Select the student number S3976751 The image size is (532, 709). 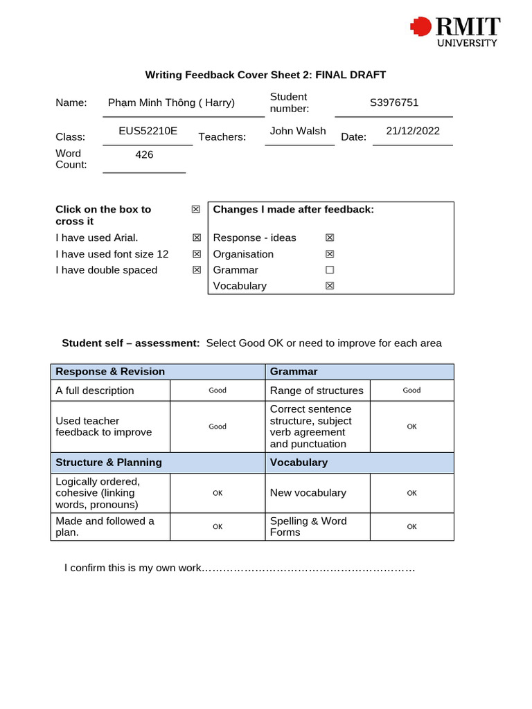pyautogui.click(x=394, y=103)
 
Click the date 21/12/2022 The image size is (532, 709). pyautogui.click(x=413, y=131)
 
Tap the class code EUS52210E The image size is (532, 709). pyautogui.click(x=148, y=131)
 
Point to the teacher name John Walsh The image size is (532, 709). pyautogui.click(x=298, y=131)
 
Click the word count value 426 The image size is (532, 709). pyautogui.click(x=144, y=154)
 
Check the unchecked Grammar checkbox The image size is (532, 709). pyautogui.click(x=330, y=270)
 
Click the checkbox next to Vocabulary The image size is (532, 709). pyautogui.click(x=330, y=286)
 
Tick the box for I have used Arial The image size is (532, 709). pyautogui.click(x=197, y=238)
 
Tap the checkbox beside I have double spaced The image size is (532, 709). pyautogui.click(x=197, y=270)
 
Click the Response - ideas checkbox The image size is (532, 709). pyautogui.click(x=330, y=238)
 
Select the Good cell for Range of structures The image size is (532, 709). pyautogui.click(x=411, y=391)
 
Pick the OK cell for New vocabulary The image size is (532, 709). pyautogui.click(x=411, y=493)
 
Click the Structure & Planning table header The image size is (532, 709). pyautogui.click(x=109, y=463)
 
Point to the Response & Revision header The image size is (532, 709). pyautogui.click(x=110, y=372)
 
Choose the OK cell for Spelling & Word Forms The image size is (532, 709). pyautogui.click(x=411, y=527)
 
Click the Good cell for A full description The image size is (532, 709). pyautogui.click(x=218, y=391)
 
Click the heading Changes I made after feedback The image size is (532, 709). pyautogui.click(x=293, y=209)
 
